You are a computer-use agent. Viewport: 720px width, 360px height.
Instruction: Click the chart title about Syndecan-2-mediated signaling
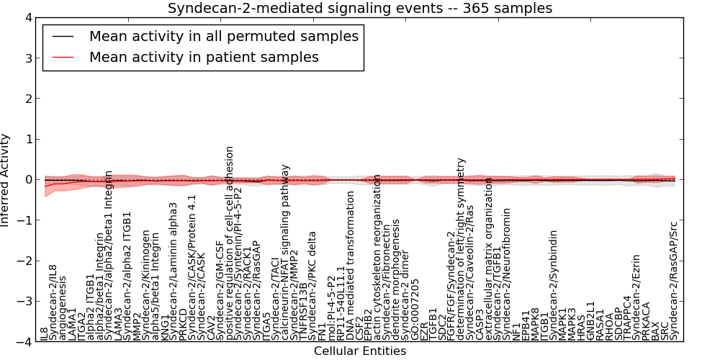pos(360,9)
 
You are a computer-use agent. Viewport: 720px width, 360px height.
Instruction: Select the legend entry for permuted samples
pos(223,36)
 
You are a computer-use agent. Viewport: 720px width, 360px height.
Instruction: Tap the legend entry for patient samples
pos(204,57)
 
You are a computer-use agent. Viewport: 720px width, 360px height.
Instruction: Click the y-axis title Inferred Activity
pos(6,180)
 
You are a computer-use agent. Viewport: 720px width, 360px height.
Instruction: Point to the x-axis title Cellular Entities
pos(360,351)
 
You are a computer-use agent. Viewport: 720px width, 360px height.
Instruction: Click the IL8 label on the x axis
pos(45,333)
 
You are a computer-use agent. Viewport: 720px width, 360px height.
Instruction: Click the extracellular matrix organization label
pos(489,258)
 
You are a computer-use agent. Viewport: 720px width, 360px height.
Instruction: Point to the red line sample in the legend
pos(63,57)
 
